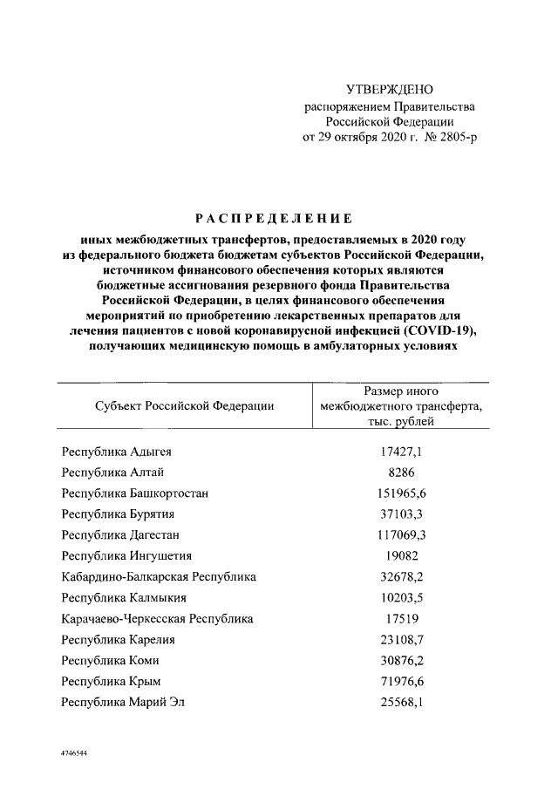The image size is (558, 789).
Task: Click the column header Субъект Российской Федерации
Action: pos(184,405)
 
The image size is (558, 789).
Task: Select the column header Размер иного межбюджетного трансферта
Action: pos(402,405)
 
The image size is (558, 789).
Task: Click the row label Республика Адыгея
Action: pos(117,452)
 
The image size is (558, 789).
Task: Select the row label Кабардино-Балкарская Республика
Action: pos(159,576)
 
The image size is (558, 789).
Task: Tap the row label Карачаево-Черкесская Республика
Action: pos(158,618)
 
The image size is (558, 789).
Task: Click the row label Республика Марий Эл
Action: pos(123,702)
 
